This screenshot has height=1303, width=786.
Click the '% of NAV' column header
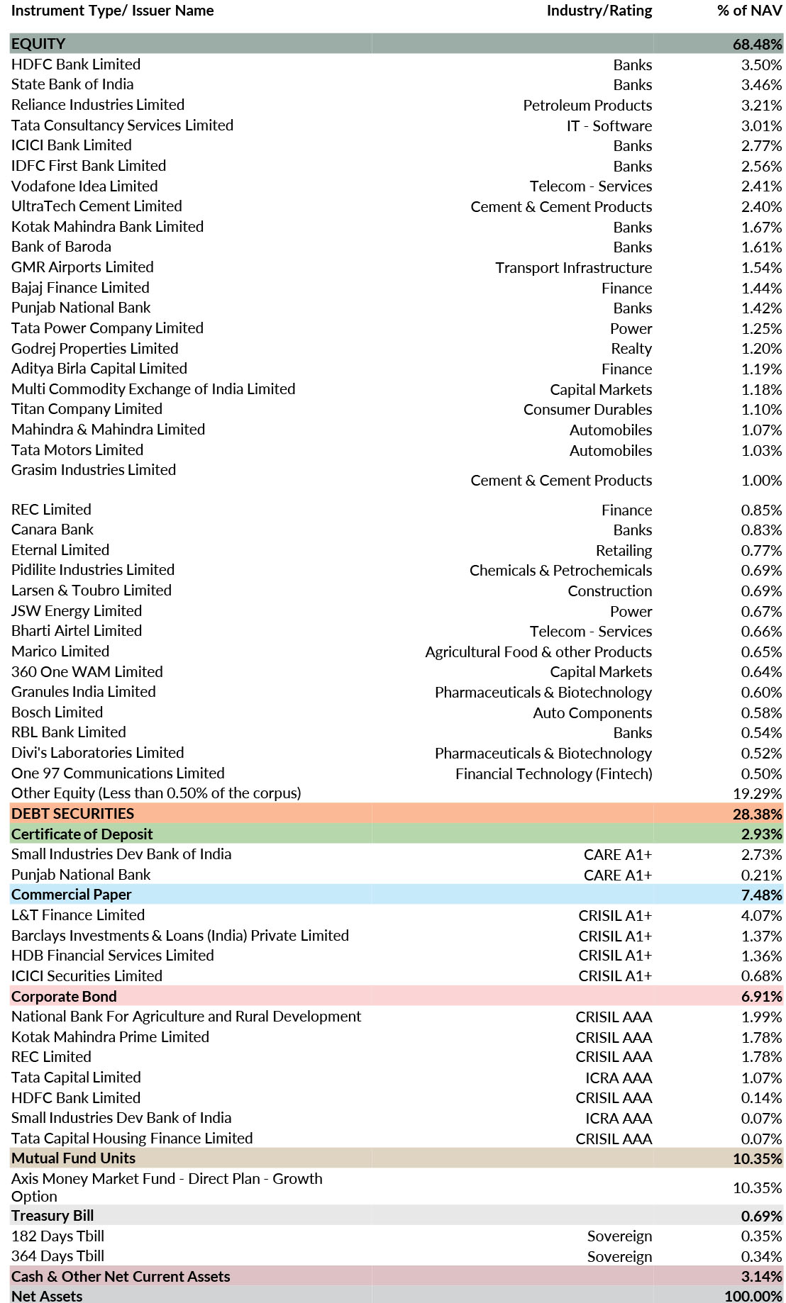[750, 11]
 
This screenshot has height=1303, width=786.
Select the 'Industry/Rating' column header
[599, 11]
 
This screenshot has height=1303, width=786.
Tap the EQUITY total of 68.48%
[757, 44]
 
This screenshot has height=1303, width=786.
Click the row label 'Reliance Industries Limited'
[98, 105]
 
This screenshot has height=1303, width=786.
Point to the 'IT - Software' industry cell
[609, 125]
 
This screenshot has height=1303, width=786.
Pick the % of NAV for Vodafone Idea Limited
[761, 186]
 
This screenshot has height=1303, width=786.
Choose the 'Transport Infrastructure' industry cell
[573, 268]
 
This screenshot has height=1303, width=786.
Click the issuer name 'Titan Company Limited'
[87, 409]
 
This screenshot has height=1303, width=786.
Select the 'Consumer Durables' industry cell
[587, 410]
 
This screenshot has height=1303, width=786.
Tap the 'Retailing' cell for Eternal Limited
[624, 550]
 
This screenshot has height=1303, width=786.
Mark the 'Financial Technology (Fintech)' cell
[553, 773]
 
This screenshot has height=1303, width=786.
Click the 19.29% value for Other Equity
[757, 794]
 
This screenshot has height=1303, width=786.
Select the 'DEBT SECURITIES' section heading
[72, 814]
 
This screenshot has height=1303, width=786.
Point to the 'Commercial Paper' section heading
[71, 895]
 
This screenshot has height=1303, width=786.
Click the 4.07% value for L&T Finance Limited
[761, 915]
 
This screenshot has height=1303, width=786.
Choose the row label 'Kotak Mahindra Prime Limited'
[110, 1037]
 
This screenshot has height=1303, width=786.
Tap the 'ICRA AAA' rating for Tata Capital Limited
[619, 1078]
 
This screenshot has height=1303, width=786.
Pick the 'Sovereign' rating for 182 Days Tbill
[619, 1236]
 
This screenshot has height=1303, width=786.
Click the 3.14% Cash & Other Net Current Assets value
[761, 1277]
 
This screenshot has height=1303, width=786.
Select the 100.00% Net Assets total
[753, 1296]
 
